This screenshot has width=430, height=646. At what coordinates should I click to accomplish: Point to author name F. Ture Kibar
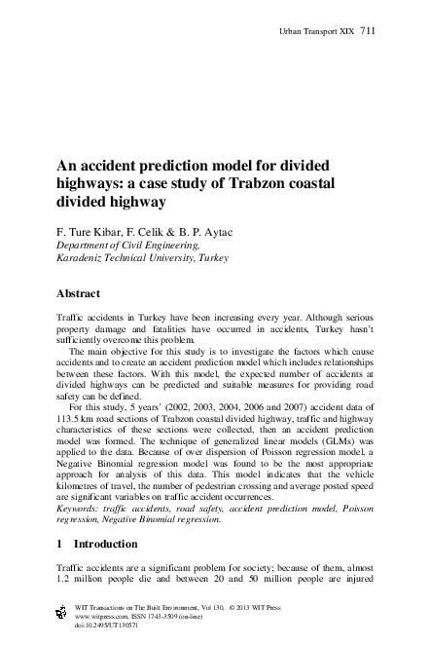tap(94, 234)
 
